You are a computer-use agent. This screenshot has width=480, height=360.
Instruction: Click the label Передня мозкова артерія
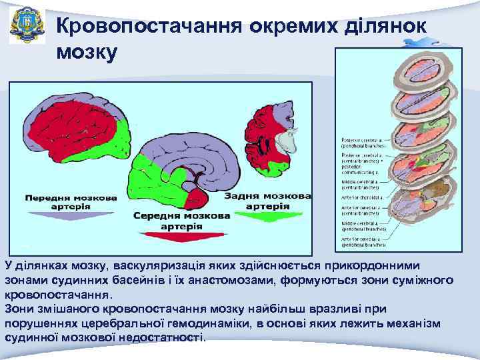tap(70, 202)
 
